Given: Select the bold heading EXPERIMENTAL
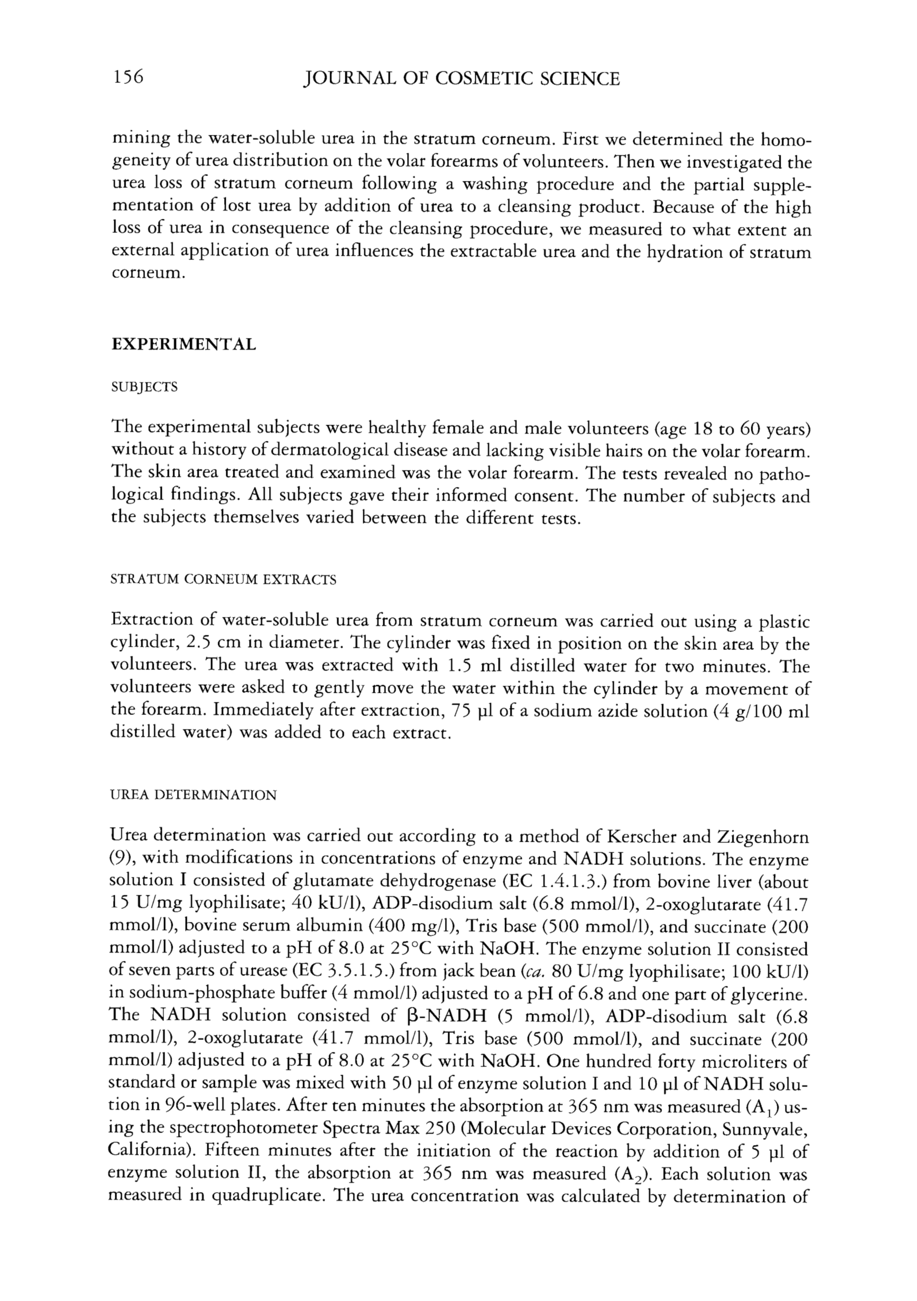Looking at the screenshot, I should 184,344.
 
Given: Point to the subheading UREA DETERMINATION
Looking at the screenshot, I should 193,795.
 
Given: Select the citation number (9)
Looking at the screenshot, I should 120,858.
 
